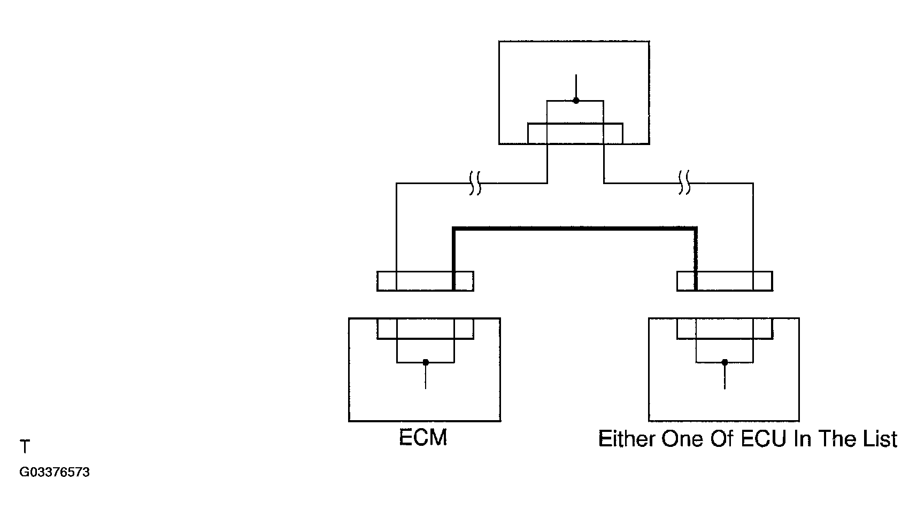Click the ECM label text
(423, 438)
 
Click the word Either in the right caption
(627, 439)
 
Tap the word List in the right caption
(880, 439)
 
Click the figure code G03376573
(55, 473)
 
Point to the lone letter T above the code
(25, 447)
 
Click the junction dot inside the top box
(576, 100)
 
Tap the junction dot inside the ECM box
(426, 362)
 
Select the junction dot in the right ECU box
(725, 362)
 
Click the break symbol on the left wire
(475, 183)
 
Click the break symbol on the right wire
(684, 183)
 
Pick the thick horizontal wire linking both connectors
(574, 229)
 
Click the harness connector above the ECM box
(425, 281)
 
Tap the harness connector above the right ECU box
(725, 281)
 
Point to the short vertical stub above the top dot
(576, 86)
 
